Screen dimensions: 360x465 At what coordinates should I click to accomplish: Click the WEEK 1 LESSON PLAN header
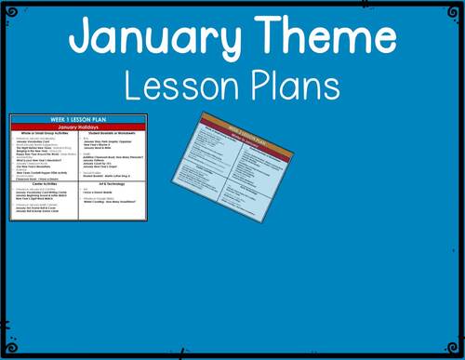(x=78, y=120)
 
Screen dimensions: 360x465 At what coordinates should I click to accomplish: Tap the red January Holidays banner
(x=78, y=127)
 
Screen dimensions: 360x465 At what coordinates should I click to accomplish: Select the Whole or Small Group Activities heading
(x=45, y=134)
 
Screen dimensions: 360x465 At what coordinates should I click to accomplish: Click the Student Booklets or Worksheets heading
(x=113, y=134)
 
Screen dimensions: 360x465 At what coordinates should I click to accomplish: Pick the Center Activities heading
(x=45, y=184)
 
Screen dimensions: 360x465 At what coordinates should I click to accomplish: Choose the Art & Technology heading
(x=113, y=184)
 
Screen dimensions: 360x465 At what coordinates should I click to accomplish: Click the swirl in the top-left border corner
(x=11, y=12)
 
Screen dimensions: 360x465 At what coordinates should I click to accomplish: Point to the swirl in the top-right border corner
(x=453, y=12)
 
